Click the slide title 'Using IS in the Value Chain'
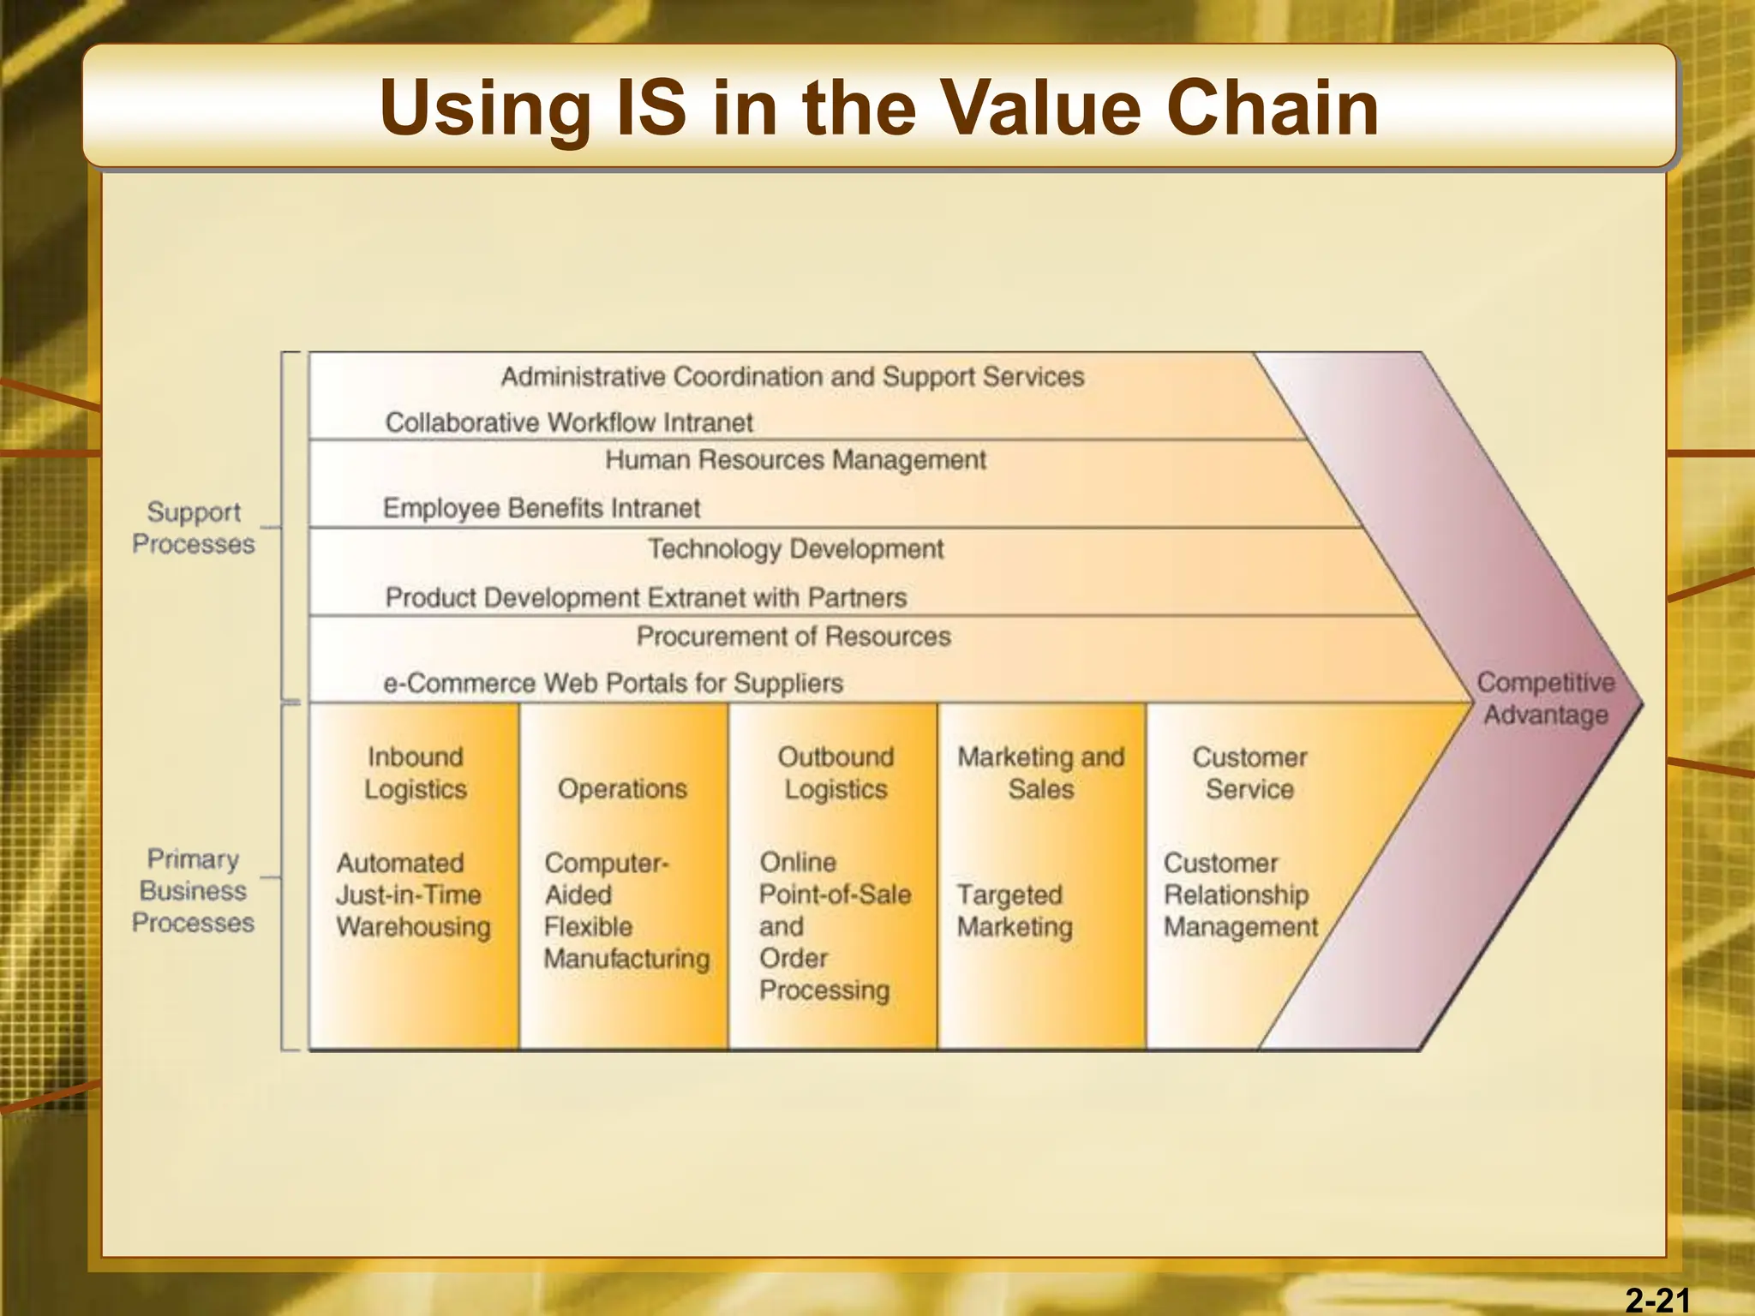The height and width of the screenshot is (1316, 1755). tap(879, 108)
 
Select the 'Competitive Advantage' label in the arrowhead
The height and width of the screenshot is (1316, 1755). tap(1545, 698)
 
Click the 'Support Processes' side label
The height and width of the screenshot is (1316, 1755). tap(194, 528)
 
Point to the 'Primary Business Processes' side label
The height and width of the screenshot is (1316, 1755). tap(194, 890)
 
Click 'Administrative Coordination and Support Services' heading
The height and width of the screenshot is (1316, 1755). tap(793, 377)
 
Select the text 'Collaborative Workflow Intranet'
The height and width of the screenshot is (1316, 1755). tap(569, 422)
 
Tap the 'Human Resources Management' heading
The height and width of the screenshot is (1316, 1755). tap(795, 460)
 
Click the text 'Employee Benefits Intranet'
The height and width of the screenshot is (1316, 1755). tap(542, 508)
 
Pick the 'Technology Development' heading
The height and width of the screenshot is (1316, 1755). tap(795, 549)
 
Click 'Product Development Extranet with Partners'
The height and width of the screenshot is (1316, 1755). tap(646, 597)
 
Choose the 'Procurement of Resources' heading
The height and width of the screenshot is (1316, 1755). tap(794, 637)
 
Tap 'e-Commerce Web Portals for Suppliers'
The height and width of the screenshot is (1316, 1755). tap(614, 683)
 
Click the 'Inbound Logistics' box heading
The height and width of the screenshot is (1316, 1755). tap(416, 773)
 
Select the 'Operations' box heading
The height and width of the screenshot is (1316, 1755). tap(623, 789)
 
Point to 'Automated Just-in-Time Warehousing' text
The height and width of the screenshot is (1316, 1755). tap(413, 894)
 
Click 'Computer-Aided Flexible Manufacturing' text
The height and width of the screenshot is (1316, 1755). tap(626, 910)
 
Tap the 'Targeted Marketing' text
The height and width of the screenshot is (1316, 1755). tap(1015, 911)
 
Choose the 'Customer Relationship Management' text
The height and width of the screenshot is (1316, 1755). tap(1240, 894)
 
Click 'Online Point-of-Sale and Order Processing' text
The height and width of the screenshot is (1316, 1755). tap(834, 926)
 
